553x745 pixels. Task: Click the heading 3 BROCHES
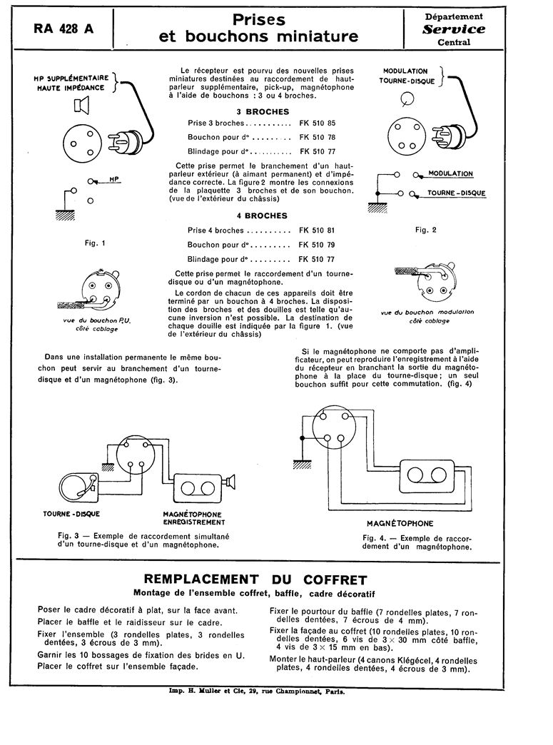pos(263,111)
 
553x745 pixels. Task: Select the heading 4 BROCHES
pos(263,216)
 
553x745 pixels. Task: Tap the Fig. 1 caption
pos(95,243)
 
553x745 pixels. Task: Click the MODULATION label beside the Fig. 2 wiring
pos(450,174)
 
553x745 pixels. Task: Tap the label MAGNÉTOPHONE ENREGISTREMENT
pos(192,518)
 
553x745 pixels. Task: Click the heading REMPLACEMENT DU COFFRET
pos(255,579)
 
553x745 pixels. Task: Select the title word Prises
pos(260,20)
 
